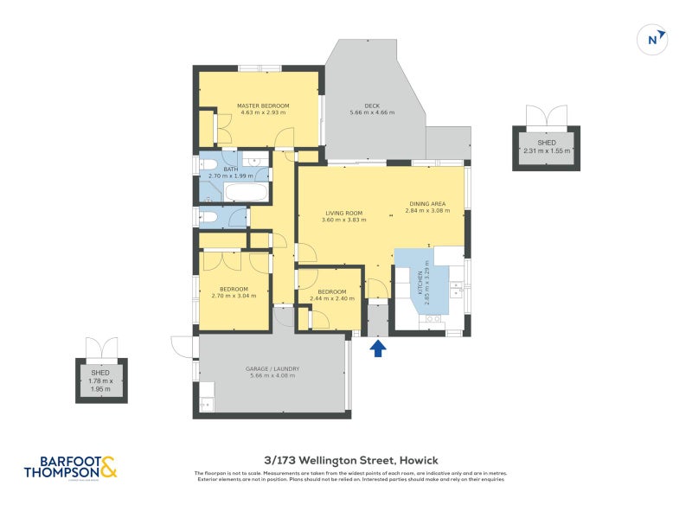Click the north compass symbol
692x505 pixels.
click(x=654, y=39)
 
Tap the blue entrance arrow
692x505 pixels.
click(x=377, y=348)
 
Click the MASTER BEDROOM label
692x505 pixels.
click(x=264, y=109)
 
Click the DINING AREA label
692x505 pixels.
click(x=427, y=205)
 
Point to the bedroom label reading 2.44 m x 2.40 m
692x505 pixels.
click(x=331, y=295)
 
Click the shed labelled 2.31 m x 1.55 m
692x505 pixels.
click(x=546, y=146)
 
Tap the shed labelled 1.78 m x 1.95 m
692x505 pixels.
click(x=104, y=380)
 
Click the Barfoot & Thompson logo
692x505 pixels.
click(x=70, y=468)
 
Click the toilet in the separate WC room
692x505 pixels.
click(x=208, y=218)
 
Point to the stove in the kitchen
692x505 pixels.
click(x=432, y=319)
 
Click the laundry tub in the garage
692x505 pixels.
click(x=206, y=404)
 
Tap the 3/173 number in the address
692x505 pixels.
click(x=282, y=461)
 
